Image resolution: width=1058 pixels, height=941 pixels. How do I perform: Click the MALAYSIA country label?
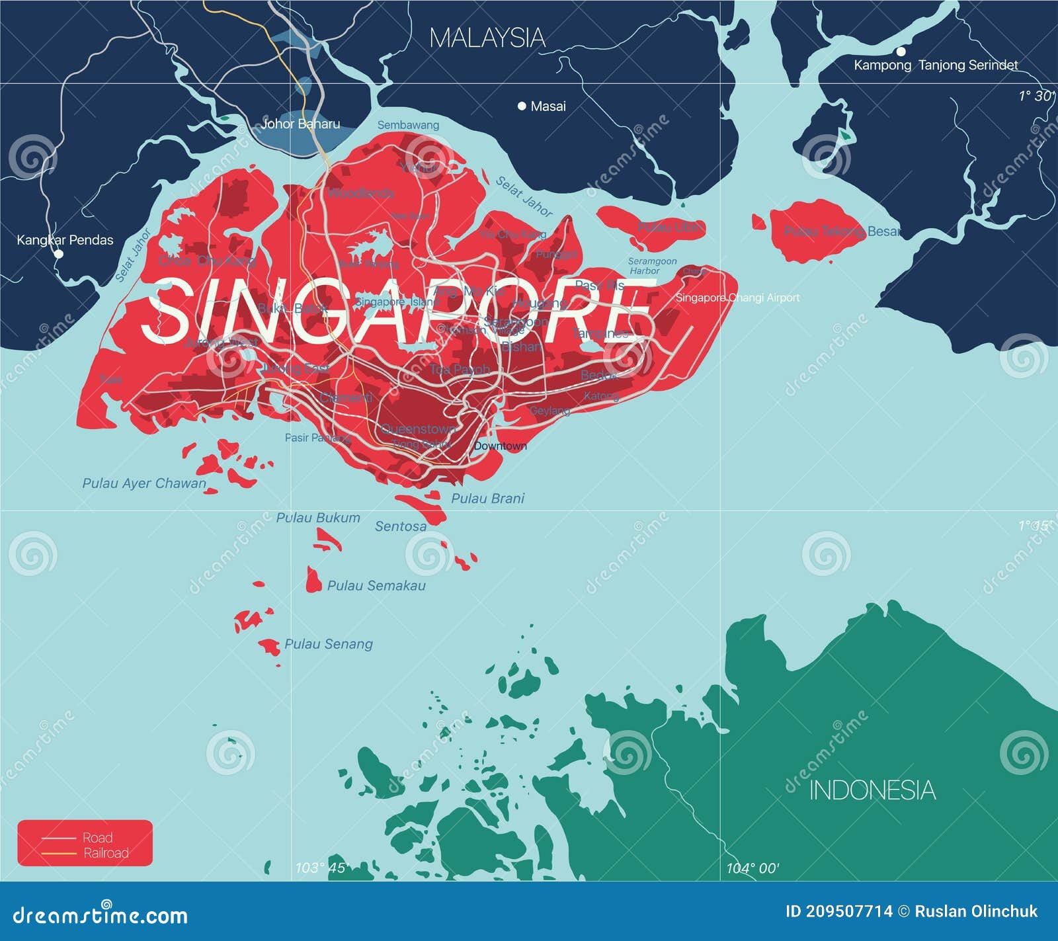coord(487,38)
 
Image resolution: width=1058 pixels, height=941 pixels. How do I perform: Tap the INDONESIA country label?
coord(872,790)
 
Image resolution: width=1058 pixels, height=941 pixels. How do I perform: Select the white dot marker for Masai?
coord(522,106)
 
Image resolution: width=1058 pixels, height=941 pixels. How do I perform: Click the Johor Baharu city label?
coord(301,124)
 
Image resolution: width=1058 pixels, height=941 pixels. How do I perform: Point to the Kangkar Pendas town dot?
coord(59,253)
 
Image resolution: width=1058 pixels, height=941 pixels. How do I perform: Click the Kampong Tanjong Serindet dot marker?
coord(901,52)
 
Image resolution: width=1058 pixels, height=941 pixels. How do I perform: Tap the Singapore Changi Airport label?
coord(737,298)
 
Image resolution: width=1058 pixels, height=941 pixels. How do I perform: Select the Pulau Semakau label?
coord(376,586)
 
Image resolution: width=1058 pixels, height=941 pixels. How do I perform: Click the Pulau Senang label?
coord(329,644)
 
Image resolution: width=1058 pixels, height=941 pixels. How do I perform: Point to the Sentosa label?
coord(401,526)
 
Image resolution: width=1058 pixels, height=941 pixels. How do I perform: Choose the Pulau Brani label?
coord(487,499)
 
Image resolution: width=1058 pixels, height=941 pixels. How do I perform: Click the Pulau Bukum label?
coord(318,518)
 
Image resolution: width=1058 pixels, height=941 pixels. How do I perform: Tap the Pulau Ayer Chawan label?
coord(144,483)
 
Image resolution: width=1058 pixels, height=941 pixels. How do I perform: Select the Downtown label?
coord(500,446)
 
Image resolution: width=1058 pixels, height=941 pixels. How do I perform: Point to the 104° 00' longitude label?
coord(753,868)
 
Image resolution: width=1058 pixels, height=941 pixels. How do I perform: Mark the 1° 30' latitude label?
coord(1036,96)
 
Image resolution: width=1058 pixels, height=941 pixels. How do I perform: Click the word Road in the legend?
coord(97,837)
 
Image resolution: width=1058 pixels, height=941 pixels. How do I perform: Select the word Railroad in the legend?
coord(106,853)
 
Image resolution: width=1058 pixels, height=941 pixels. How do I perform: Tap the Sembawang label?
coord(408,125)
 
